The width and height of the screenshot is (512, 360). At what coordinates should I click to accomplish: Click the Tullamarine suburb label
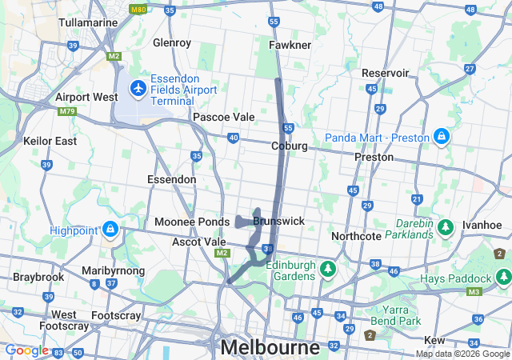pos(89,22)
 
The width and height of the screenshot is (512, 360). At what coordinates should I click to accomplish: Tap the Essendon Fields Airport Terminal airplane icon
pos(138,87)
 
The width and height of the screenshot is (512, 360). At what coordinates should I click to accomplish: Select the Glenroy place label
pos(172,42)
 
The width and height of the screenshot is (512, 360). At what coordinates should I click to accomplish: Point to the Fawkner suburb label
pos(290,45)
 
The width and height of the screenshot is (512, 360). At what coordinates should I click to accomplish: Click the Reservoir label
pos(385,73)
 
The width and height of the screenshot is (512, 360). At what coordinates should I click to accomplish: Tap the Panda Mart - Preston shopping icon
pos(441,138)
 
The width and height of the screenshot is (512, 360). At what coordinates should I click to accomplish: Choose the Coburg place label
pos(290,146)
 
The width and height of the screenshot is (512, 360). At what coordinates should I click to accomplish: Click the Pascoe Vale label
pos(223,117)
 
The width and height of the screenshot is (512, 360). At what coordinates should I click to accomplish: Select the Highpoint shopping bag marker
pos(110,231)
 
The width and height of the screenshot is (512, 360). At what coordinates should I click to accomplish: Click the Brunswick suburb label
pos(278,220)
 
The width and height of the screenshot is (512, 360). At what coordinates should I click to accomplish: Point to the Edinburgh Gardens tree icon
pos(327,269)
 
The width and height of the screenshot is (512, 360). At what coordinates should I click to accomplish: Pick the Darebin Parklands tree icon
pos(445,230)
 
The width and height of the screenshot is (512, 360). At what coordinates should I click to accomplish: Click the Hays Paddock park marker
pos(503,278)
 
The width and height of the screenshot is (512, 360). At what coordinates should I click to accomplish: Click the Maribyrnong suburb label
pos(114,271)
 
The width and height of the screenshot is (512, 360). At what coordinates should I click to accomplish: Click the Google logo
pos(26,350)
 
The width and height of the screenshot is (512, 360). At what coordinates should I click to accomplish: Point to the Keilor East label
pos(50,141)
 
